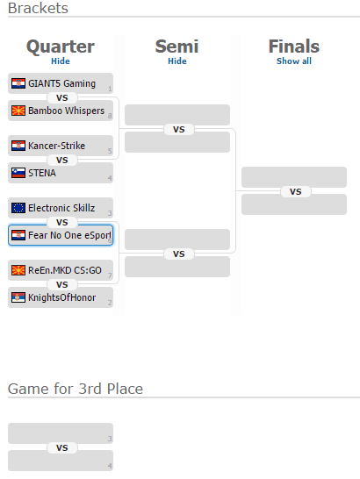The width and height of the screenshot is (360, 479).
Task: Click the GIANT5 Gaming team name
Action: tap(61, 83)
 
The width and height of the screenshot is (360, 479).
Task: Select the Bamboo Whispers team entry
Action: tap(61, 111)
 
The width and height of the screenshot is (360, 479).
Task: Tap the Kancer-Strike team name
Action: tap(56, 146)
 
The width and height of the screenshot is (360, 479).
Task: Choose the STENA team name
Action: tap(42, 173)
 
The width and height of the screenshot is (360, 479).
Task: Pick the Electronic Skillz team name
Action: tap(61, 208)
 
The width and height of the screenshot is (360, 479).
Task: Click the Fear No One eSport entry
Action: tap(61, 235)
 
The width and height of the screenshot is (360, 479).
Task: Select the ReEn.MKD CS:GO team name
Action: tap(65, 270)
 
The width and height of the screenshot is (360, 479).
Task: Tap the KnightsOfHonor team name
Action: tap(62, 297)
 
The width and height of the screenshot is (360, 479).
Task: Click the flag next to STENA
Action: tap(18, 173)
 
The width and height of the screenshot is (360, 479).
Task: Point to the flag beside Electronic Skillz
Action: tap(18, 208)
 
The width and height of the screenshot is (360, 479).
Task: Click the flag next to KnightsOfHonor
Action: tap(18, 297)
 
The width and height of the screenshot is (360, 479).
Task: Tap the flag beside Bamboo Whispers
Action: tap(18, 111)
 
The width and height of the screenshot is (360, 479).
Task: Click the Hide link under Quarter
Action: tap(61, 61)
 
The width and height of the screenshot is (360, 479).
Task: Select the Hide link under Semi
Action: tap(177, 61)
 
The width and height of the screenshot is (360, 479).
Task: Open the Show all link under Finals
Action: tap(294, 61)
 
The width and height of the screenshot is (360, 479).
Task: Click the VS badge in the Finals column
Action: tap(296, 191)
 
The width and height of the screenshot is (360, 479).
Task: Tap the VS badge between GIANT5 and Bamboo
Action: tap(62, 97)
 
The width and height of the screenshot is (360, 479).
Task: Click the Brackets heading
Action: tap(38, 8)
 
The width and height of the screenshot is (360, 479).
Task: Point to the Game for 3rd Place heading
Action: tap(76, 389)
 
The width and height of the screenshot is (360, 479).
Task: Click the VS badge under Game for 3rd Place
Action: tap(62, 447)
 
